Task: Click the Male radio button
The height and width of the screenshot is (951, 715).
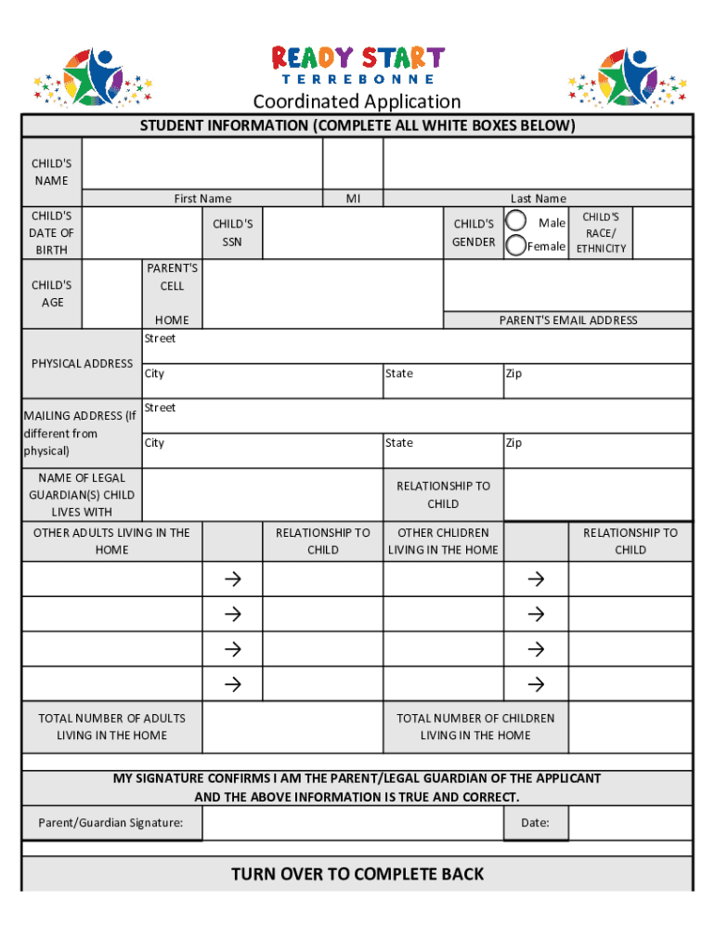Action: [x=516, y=221]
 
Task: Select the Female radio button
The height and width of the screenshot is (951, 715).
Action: [x=516, y=245]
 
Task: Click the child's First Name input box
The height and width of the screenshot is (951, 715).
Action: [x=201, y=163]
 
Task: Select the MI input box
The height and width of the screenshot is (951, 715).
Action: [x=352, y=163]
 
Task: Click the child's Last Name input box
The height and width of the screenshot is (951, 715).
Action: [x=537, y=163]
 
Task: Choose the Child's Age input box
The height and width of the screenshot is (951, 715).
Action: [x=111, y=294]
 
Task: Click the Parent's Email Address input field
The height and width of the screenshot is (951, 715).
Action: [x=567, y=285]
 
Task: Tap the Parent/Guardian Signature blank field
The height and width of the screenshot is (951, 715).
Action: [x=352, y=823]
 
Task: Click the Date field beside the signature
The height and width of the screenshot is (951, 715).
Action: [x=630, y=823]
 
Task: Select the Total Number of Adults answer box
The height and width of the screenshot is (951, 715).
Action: [x=292, y=727]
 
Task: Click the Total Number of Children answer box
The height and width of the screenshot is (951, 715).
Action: [x=630, y=727]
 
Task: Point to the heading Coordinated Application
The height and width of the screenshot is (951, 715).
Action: [x=357, y=101]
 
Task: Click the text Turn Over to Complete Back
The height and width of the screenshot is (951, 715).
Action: [x=357, y=874]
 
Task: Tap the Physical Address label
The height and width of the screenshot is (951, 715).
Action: [x=82, y=363]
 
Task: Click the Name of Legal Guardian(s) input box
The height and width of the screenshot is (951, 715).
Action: [x=262, y=495]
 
